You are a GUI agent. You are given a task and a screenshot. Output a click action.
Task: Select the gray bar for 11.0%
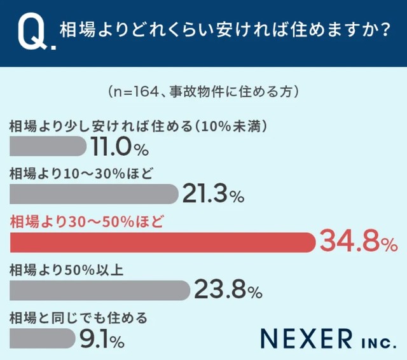point(48,146)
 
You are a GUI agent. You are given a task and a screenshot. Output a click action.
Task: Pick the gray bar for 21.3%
point(94,194)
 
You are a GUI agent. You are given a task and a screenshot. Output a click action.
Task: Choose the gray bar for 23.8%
point(100,290)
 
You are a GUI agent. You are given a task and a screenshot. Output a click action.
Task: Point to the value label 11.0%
point(119,147)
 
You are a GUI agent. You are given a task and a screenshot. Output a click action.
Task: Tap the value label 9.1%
point(101,339)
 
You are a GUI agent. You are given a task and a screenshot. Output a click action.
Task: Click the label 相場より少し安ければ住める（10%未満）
point(137,125)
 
